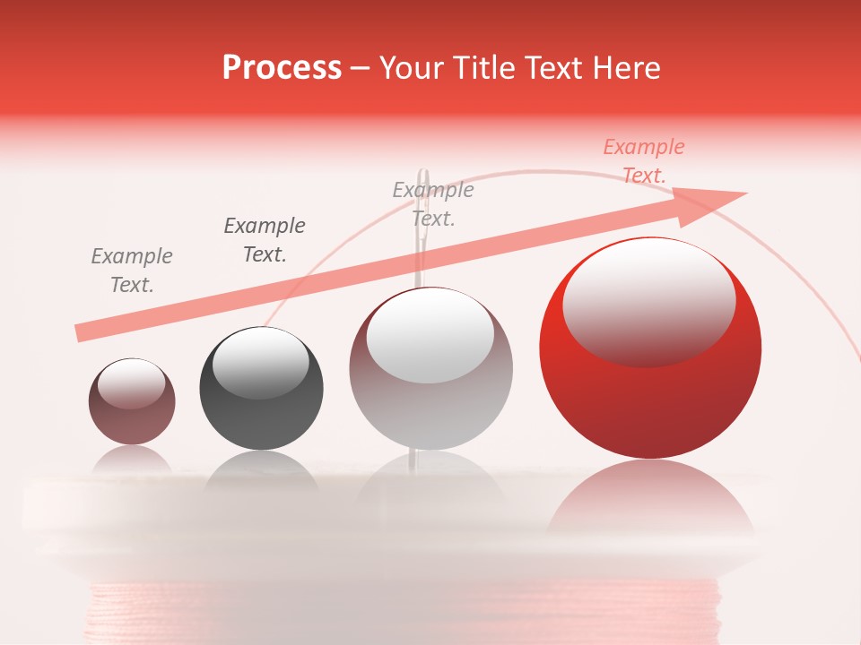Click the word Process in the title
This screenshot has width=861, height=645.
(282, 68)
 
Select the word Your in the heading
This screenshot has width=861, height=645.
(413, 68)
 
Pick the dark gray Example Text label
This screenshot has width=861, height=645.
(265, 240)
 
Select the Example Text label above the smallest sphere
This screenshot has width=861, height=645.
(132, 271)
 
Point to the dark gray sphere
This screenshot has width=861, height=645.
(261, 399)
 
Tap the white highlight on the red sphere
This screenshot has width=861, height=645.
(648, 300)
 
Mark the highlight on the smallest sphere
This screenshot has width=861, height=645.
(132, 383)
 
